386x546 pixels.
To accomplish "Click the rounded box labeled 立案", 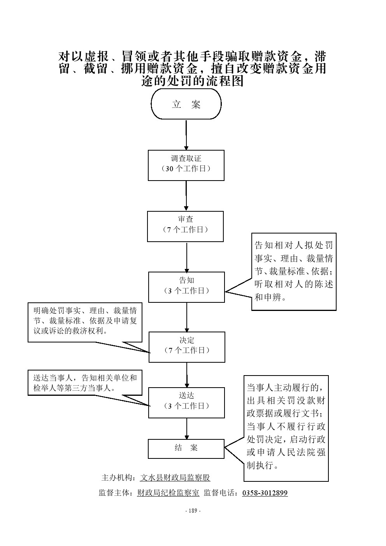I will [x=186, y=104].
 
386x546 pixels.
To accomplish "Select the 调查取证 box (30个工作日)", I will [x=186, y=166].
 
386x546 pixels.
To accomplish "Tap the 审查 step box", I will [x=185, y=226].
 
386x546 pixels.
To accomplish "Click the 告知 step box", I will [x=186, y=287].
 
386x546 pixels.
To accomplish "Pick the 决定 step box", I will [x=187, y=347].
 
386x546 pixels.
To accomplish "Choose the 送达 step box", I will [x=186, y=403].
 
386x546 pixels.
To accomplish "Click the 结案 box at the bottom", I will [x=186, y=449].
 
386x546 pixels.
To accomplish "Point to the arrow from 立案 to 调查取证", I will [x=186, y=135].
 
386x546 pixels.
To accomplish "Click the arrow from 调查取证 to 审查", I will [x=186, y=196].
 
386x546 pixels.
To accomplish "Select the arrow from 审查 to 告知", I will [x=187, y=257].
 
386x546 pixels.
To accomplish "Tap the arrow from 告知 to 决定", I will [x=187, y=317].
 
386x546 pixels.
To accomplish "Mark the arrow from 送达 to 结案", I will [x=187, y=429].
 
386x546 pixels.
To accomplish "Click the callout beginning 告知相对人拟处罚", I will [x=294, y=272].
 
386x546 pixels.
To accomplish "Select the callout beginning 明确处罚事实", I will [x=84, y=322].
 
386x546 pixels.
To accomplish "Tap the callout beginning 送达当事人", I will [x=84, y=383].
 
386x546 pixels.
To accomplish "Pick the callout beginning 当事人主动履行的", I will [x=286, y=428].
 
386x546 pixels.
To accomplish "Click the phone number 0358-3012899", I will [x=265, y=493].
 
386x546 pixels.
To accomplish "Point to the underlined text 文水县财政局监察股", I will [x=175, y=478].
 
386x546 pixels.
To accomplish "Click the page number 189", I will [x=193, y=511].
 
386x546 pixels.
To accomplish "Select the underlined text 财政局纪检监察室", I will [x=168, y=493].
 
